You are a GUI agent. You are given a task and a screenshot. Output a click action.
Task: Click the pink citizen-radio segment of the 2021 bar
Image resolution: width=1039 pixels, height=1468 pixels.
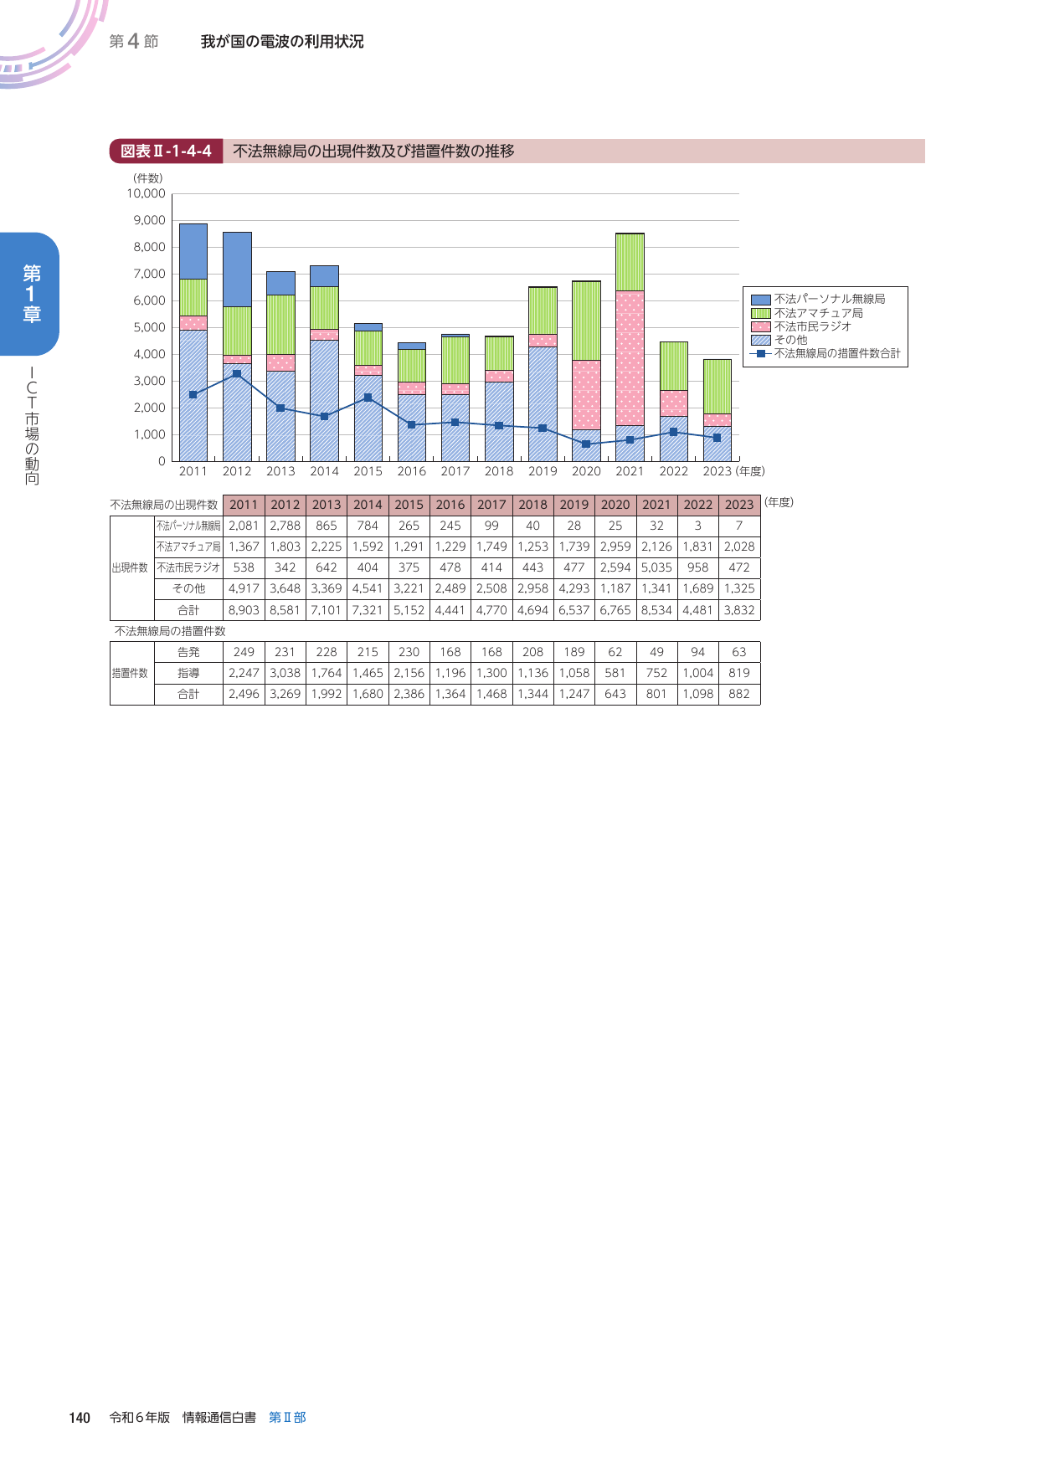pos(630,358)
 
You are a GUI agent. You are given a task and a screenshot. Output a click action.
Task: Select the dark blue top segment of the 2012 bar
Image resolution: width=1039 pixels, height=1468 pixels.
pos(237,269)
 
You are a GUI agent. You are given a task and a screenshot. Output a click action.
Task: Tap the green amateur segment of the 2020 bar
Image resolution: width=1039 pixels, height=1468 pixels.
pos(586,321)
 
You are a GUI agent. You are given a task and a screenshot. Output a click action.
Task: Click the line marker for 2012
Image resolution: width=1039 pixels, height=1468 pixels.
pos(237,373)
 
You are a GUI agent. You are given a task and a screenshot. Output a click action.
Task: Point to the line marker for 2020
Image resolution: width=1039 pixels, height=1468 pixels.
pos(586,444)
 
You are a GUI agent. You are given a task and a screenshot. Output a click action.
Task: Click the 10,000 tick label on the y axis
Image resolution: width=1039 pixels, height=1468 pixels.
pos(147,193)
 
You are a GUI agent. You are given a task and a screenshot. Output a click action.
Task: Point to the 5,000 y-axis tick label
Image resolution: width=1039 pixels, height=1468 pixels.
pos(150,327)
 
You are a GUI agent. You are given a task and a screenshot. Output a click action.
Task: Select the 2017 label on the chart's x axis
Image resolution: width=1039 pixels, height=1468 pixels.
pos(455,471)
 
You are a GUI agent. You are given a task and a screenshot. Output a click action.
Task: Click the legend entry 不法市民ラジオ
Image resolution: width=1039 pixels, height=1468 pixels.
pos(812,326)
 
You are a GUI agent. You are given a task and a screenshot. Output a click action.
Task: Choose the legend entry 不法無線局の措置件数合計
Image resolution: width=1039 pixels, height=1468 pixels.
pos(836,353)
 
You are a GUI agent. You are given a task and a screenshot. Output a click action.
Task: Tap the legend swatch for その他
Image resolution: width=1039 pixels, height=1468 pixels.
pos(760,340)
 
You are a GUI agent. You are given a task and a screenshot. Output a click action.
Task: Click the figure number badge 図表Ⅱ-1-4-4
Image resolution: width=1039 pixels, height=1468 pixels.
pos(166,151)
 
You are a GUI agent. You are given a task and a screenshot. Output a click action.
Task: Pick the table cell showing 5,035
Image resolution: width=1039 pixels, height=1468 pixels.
pos(656,567)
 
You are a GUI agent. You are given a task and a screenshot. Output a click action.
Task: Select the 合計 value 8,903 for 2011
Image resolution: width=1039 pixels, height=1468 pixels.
pos(244,610)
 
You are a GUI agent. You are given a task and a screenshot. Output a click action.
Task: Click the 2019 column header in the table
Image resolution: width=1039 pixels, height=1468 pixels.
pos(574,505)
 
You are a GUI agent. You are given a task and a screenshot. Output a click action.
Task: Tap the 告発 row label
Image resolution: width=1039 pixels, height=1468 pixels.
pos(188,652)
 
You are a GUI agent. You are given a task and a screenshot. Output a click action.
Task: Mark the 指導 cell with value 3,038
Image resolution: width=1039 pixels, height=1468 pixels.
pos(285,673)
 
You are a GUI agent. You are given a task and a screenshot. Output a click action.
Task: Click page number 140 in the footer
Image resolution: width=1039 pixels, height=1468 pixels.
pos(80,1418)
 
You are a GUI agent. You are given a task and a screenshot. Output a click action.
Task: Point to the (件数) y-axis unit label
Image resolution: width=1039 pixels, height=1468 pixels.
pos(147,178)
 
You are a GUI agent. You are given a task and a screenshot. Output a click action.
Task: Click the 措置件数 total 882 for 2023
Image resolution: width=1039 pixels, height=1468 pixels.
pos(739,694)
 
